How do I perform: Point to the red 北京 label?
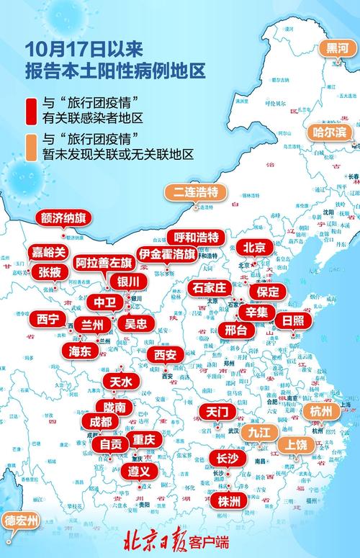tap(254, 247)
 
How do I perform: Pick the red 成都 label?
tap(101, 421)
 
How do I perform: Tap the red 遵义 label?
tap(139, 472)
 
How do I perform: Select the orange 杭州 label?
tap(321, 410)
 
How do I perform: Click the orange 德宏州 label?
tap(19, 521)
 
